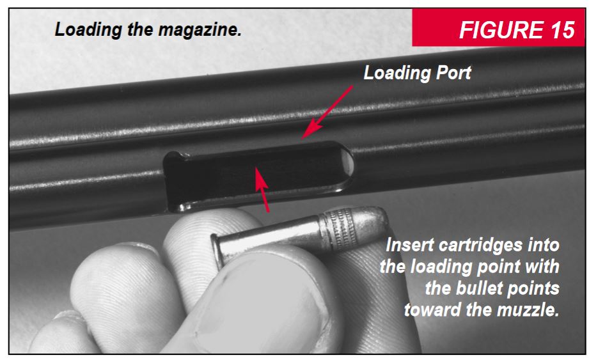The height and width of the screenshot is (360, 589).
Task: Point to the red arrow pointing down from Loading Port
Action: (326, 111)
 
